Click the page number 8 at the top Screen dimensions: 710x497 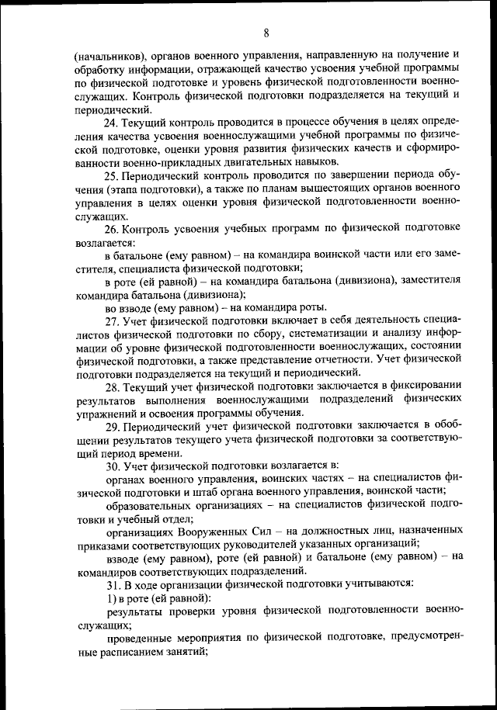(266, 32)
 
